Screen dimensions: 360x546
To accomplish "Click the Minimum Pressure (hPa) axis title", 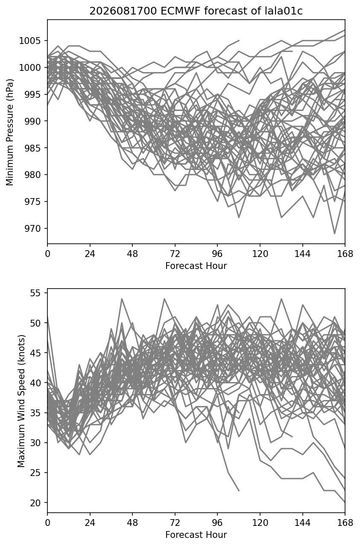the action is [10, 132].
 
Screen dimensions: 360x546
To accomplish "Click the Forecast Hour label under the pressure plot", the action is [196, 266].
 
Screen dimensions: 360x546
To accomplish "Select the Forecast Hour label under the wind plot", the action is [196, 535].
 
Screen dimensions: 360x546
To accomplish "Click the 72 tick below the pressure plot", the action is [175, 254].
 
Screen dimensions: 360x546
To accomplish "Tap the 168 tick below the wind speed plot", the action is [345, 523].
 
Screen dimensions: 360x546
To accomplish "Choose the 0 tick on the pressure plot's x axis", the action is [47, 254].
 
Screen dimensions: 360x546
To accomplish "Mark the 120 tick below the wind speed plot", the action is [260, 523].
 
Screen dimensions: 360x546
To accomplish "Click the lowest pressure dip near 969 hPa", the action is [334, 234].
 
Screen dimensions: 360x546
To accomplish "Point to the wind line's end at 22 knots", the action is [239, 491].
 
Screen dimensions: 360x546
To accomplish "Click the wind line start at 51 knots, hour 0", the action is [47, 317].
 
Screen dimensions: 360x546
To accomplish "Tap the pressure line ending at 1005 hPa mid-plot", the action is [239, 41].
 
